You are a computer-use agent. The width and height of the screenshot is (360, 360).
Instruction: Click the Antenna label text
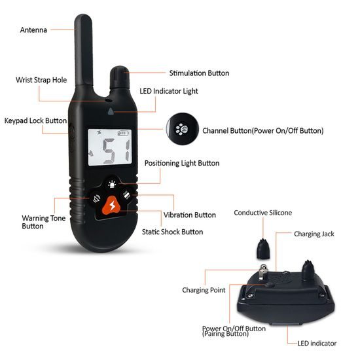[x=33, y=30]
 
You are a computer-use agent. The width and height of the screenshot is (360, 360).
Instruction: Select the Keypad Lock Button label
[x=35, y=121]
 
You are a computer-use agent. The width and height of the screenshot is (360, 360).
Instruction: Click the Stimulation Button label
[x=199, y=73]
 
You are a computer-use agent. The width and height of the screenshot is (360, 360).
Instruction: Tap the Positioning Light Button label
[x=182, y=163]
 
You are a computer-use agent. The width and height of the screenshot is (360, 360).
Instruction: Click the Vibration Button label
[x=189, y=215]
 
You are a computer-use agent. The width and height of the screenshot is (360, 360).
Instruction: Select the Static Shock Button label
[x=172, y=232]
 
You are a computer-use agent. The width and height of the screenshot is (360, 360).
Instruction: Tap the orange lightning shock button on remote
[x=113, y=206]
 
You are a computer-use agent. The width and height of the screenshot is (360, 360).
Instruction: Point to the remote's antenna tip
[x=84, y=20]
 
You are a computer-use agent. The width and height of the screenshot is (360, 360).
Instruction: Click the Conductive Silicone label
[x=262, y=213]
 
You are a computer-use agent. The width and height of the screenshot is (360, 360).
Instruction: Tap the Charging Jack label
[x=316, y=233]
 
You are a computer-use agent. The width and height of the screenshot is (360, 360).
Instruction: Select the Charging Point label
[x=204, y=290]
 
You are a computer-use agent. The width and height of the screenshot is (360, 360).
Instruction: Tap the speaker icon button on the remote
[x=96, y=199]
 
